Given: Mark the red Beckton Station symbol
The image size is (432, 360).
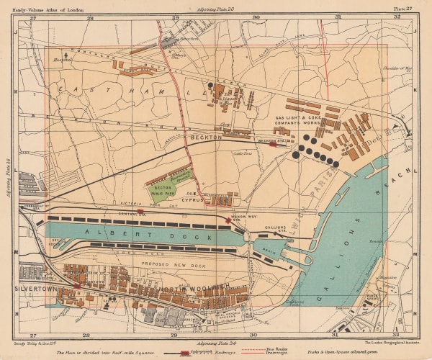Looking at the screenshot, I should pyautogui.click(x=272, y=143).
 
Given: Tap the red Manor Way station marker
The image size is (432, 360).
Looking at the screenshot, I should pyautogui.click(x=229, y=220).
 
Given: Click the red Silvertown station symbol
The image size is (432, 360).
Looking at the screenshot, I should pyautogui.click(x=77, y=287).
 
